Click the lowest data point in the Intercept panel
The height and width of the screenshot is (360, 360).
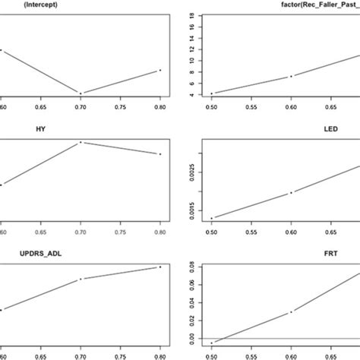[x=81, y=93]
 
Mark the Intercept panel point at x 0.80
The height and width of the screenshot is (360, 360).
[x=160, y=71]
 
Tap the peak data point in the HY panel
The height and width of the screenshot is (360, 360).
[x=81, y=142]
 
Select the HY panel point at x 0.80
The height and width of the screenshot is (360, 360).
[x=160, y=154]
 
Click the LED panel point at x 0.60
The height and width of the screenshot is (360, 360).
[x=291, y=193]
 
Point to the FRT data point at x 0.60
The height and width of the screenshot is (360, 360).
[x=291, y=311]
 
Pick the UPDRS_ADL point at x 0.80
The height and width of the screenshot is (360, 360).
[x=160, y=267]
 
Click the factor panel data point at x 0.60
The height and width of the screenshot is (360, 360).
[x=291, y=76]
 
